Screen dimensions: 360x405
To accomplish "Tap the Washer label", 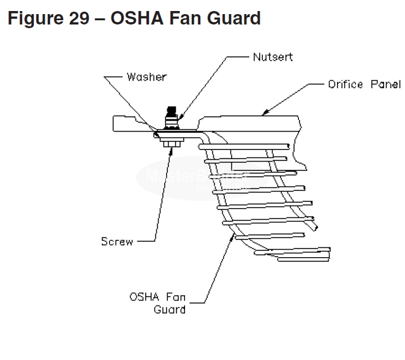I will point(146,77).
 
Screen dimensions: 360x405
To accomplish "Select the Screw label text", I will point(117,241).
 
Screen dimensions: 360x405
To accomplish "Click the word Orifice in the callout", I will point(346,84).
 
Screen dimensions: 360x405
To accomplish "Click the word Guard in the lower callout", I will point(170,309).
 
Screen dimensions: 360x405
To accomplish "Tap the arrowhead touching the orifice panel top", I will point(264,113).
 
